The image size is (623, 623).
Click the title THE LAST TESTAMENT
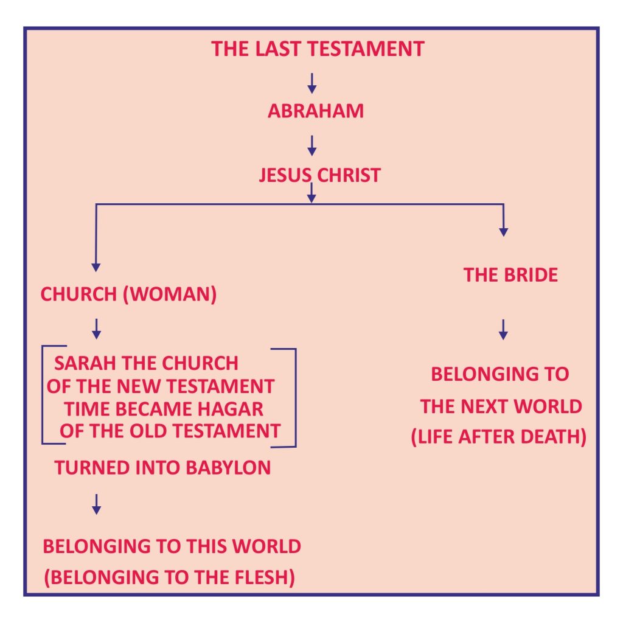[x=318, y=49]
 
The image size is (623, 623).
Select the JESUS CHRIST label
[x=319, y=175]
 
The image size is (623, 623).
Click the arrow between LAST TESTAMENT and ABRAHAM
[x=312, y=83]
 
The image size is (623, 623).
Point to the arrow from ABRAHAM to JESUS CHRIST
[x=312, y=145]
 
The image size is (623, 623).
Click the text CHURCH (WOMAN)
[x=128, y=294]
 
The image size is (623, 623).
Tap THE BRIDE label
[x=510, y=275]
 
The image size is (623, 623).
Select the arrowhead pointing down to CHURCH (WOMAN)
[x=96, y=266]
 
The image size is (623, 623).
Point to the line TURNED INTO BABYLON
[x=162, y=468]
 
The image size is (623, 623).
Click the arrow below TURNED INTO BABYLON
[x=96, y=504]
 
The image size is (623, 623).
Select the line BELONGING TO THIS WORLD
[x=172, y=546]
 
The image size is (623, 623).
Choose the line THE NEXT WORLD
[x=501, y=406]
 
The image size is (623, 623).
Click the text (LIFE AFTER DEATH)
[x=498, y=438]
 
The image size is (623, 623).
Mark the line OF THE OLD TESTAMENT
[x=170, y=431]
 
